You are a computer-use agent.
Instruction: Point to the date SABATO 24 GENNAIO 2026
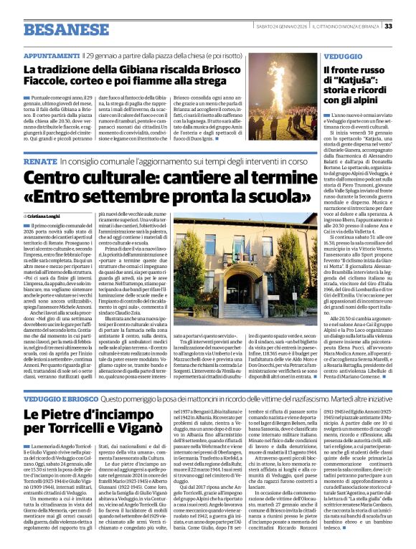(x=278, y=26)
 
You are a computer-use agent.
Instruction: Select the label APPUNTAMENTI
(x=52, y=54)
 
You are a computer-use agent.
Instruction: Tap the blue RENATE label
(x=39, y=164)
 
